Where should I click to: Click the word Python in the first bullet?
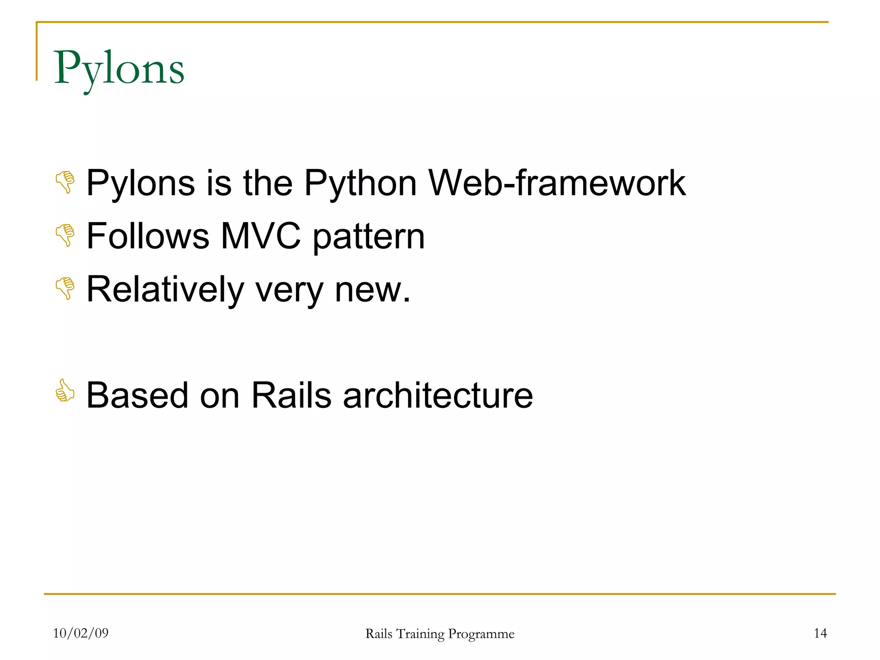click(360, 184)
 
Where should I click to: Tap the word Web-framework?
click(557, 183)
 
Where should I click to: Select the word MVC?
click(260, 236)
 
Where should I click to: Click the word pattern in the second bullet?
click(369, 237)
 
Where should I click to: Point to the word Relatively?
click(165, 290)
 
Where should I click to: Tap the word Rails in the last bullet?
click(291, 395)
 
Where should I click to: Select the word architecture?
click(438, 395)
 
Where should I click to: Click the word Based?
click(137, 395)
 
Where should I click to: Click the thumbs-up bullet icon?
click(65, 391)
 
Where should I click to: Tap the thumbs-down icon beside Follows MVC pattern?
click(65, 235)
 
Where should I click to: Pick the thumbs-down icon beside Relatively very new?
click(65, 288)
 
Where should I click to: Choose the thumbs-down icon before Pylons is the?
click(65, 182)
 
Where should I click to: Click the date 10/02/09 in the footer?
click(81, 633)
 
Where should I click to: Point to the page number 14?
click(820, 633)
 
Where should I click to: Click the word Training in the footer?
click(420, 634)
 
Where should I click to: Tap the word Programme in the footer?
click(481, 634)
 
